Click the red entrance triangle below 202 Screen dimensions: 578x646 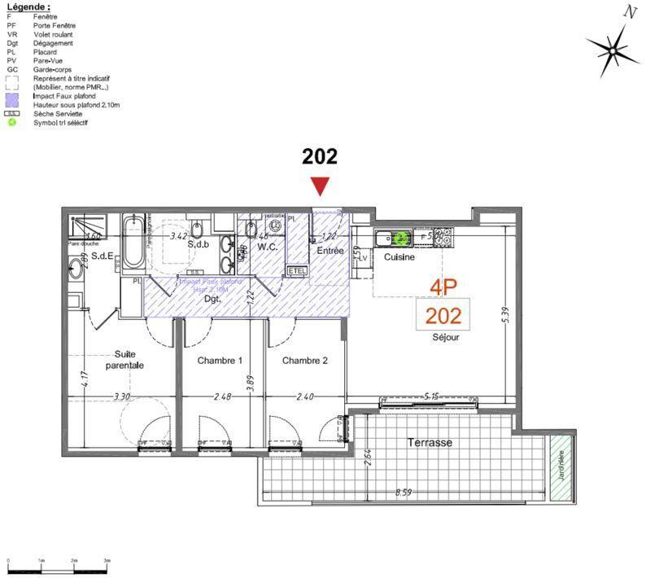(321, 186)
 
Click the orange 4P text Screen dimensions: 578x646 (443, 287)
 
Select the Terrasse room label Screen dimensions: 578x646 (430, 443)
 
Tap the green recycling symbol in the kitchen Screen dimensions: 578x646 (400, 239)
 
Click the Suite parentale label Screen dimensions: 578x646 (124, 360)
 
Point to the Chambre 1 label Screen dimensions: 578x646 (220, 360)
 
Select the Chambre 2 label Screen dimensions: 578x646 (304, 360)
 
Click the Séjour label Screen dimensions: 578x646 (446, 336)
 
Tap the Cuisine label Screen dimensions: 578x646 (399, 257)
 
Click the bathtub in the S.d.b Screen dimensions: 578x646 (133, 241)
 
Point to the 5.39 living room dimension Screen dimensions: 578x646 (504, 314)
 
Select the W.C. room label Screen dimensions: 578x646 (269, 247)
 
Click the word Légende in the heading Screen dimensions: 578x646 (28, 6)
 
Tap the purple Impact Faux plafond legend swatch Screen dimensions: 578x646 (11, 96)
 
